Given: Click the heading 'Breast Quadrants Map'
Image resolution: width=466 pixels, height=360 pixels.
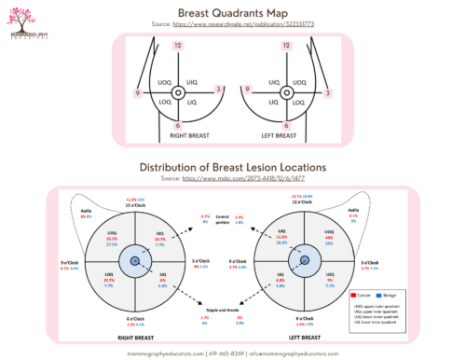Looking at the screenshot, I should (x=232, y=11).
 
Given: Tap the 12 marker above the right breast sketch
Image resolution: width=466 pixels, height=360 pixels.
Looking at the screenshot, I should (x=175, y=46).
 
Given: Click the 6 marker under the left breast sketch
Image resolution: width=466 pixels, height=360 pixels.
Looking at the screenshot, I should (x=287, y=124).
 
